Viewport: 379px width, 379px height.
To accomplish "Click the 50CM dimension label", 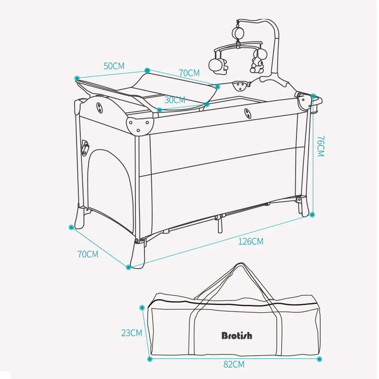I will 114,66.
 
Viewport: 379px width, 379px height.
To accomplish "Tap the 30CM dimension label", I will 175,100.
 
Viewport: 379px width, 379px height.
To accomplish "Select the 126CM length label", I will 251,242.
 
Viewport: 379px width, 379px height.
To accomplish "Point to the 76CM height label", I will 320,146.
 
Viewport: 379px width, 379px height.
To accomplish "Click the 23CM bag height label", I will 132,333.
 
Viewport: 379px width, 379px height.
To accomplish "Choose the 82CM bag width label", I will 234,364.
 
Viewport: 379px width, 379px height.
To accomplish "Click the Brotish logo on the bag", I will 237,335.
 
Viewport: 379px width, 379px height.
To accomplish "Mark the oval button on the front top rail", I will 247,113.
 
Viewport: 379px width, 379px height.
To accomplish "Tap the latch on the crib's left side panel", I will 85,148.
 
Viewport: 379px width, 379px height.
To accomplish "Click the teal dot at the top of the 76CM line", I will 313,96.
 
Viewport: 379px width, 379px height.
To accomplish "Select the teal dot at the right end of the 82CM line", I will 317,359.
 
